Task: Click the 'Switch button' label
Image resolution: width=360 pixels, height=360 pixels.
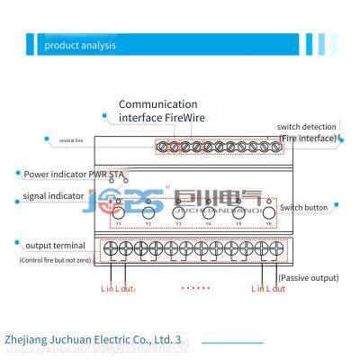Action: pyautogui.click(x=307, y=206)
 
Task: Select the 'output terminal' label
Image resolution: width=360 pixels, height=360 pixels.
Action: pyautogui.click(x=57, y=245)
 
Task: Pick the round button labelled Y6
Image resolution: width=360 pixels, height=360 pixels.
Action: pyautogui.click(x=267, y=212)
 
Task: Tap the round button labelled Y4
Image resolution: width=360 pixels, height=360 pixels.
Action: pyautogui.click(x=208, y=212)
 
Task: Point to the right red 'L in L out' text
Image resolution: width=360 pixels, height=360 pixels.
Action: pyautogui.click(x=267, y=288)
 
